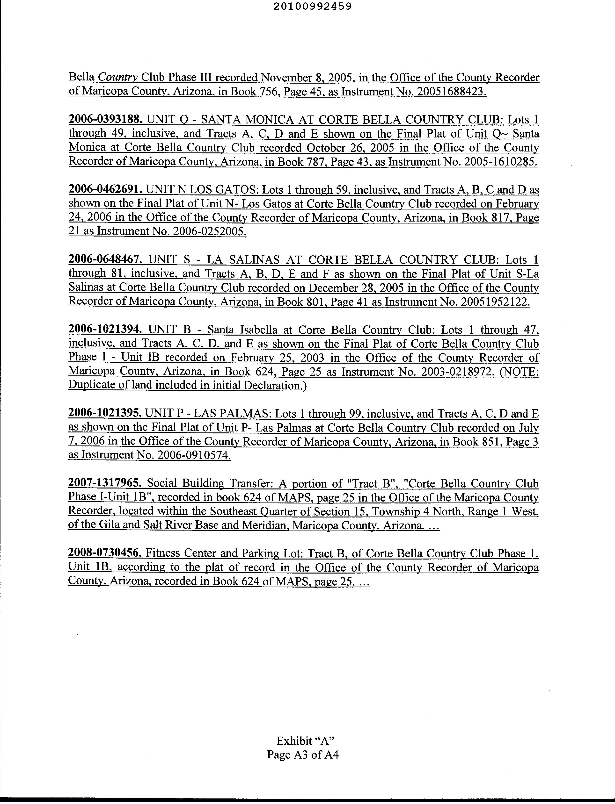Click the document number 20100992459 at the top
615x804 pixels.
coord(312,6)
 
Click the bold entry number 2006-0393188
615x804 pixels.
coord(104,119)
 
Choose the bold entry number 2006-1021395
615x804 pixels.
coord(105,413)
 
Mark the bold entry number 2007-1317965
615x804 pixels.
coord(105,483)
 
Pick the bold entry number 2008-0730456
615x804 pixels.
coord(105,553)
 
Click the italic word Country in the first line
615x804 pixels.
coord(118,78)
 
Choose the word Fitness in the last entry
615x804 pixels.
coord(163,553)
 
